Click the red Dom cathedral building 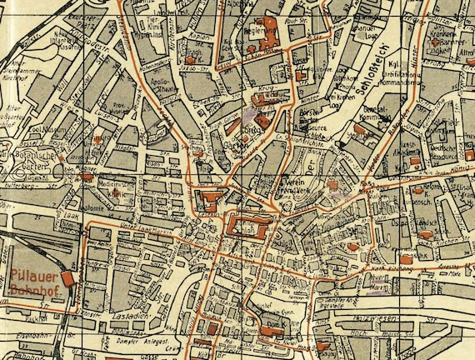coord(269,330)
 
